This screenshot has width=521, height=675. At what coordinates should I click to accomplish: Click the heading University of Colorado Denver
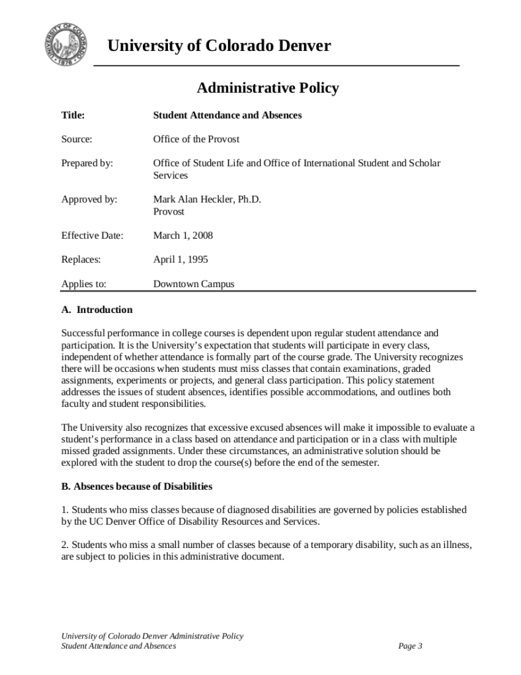219,46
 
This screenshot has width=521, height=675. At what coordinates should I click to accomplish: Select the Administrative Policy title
268,87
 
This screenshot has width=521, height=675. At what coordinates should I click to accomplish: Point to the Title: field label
73,115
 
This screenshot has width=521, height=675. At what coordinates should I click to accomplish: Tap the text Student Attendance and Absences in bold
227,115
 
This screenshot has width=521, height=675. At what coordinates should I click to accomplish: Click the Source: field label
77,139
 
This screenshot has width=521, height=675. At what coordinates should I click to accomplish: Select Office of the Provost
196,139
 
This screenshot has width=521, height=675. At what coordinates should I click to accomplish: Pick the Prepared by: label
87,163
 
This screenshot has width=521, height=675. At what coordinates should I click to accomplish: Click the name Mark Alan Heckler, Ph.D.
207,199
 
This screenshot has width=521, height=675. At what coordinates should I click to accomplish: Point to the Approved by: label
89,199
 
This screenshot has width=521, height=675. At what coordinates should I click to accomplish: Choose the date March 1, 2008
182,236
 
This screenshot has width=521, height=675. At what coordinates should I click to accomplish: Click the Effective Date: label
92,236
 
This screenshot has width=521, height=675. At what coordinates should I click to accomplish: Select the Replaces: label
81,259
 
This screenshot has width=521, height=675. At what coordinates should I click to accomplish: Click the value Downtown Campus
193,284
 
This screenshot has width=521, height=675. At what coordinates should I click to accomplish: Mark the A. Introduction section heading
97,310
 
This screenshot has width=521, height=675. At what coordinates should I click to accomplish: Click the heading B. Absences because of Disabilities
136,486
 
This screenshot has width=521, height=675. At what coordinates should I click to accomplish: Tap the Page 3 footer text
410,646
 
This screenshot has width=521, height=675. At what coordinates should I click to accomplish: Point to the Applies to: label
83,284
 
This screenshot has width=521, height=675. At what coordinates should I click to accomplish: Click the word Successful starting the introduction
82,333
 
